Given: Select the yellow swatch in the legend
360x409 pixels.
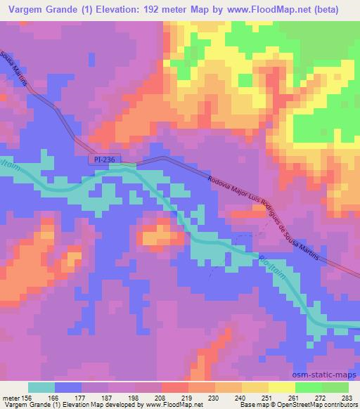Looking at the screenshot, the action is [x=281, y=387].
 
